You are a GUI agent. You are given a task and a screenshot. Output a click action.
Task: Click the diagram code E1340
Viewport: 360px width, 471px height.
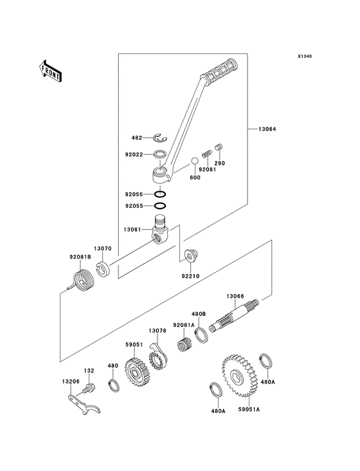305,56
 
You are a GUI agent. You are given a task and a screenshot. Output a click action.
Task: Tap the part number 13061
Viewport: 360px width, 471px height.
135,228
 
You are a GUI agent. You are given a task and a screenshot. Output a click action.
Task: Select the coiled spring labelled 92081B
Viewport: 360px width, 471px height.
81,282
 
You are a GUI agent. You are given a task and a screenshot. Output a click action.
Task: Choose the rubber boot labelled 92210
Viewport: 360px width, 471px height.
190,255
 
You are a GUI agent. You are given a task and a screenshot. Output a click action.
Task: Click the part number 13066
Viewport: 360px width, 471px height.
235,296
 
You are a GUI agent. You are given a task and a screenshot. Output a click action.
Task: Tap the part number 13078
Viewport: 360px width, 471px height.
158,331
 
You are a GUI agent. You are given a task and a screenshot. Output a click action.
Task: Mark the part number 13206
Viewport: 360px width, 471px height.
70,381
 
